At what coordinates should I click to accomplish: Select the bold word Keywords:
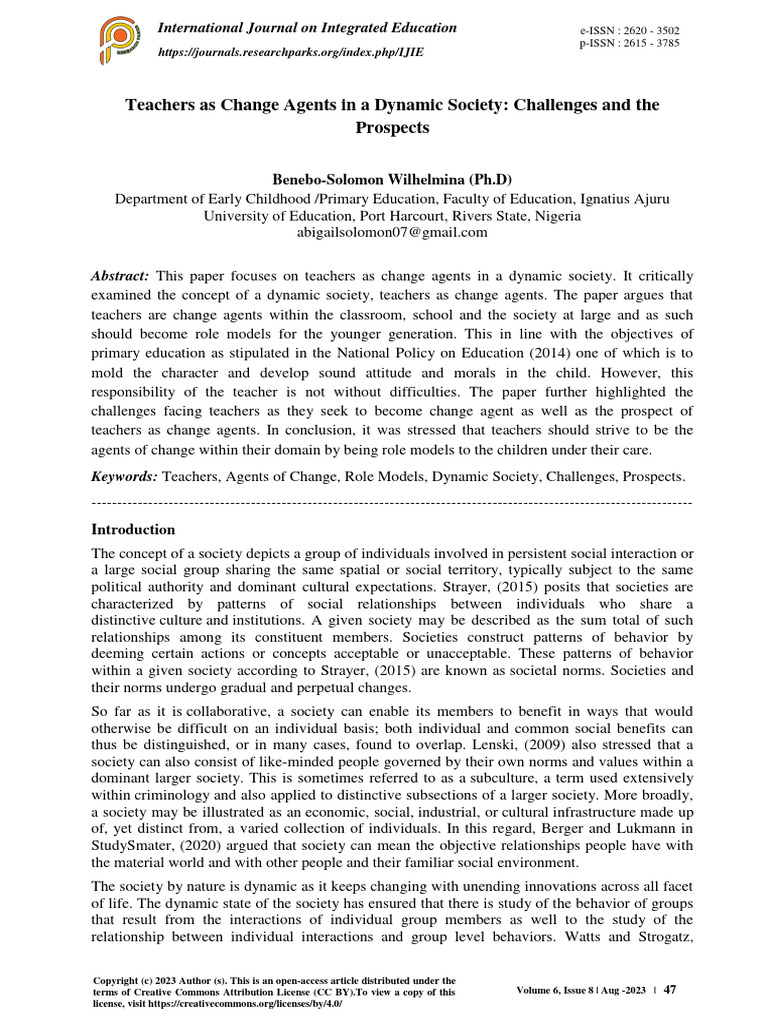[124, 478]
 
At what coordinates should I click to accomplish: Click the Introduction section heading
[133, 529]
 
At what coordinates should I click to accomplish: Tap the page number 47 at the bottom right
[670, 990]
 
